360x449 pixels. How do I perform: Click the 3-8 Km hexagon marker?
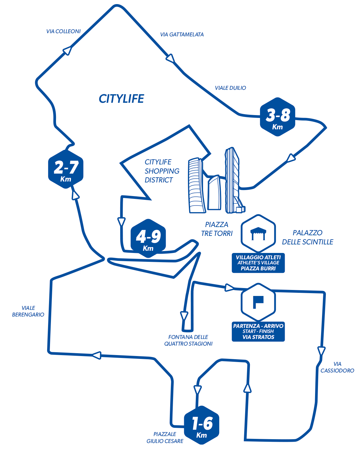coord(277,117)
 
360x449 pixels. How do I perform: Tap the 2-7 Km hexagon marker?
coord(65,169)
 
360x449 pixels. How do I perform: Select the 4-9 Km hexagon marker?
coord(148,238)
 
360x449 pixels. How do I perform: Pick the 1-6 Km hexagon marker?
coord(202,425)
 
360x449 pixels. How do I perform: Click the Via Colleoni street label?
coord(63,31)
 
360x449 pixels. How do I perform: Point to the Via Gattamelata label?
coord(182,34)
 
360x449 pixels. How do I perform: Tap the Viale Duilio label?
coord(230,88)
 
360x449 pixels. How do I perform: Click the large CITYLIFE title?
coord(121,99)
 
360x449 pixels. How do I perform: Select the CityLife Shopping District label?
coord(162,171)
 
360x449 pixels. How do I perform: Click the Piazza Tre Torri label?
coord(217,229)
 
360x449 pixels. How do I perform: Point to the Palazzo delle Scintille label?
coord(307,237)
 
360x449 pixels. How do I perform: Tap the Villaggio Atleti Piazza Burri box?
coord(258,263)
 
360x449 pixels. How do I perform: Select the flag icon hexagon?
coord(258,302)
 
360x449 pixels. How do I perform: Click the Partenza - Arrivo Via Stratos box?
coord(258,331)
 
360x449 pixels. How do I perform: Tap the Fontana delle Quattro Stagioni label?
coord(188,340)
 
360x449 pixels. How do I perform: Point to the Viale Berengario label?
coord(28,311)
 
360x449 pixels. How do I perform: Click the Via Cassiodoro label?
coord(337,367)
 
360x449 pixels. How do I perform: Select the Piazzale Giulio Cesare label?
coord(165,437)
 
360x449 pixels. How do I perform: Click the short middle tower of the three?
coord(214,193)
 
